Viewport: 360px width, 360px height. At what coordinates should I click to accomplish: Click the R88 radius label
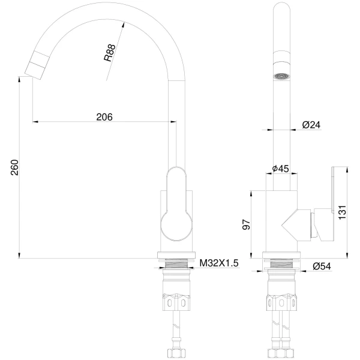click(x=110, y=53)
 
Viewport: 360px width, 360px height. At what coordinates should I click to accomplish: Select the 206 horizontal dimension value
click(x=104, y=116)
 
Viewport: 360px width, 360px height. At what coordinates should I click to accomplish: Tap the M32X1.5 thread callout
click(x=220, y=263)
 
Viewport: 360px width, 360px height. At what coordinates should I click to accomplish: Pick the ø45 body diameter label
click(x=281, y=169)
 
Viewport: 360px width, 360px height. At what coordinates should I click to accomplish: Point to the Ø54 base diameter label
click(x=322, y=266)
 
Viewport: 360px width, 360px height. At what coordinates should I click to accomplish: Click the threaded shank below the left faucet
click(x=175, y=265)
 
